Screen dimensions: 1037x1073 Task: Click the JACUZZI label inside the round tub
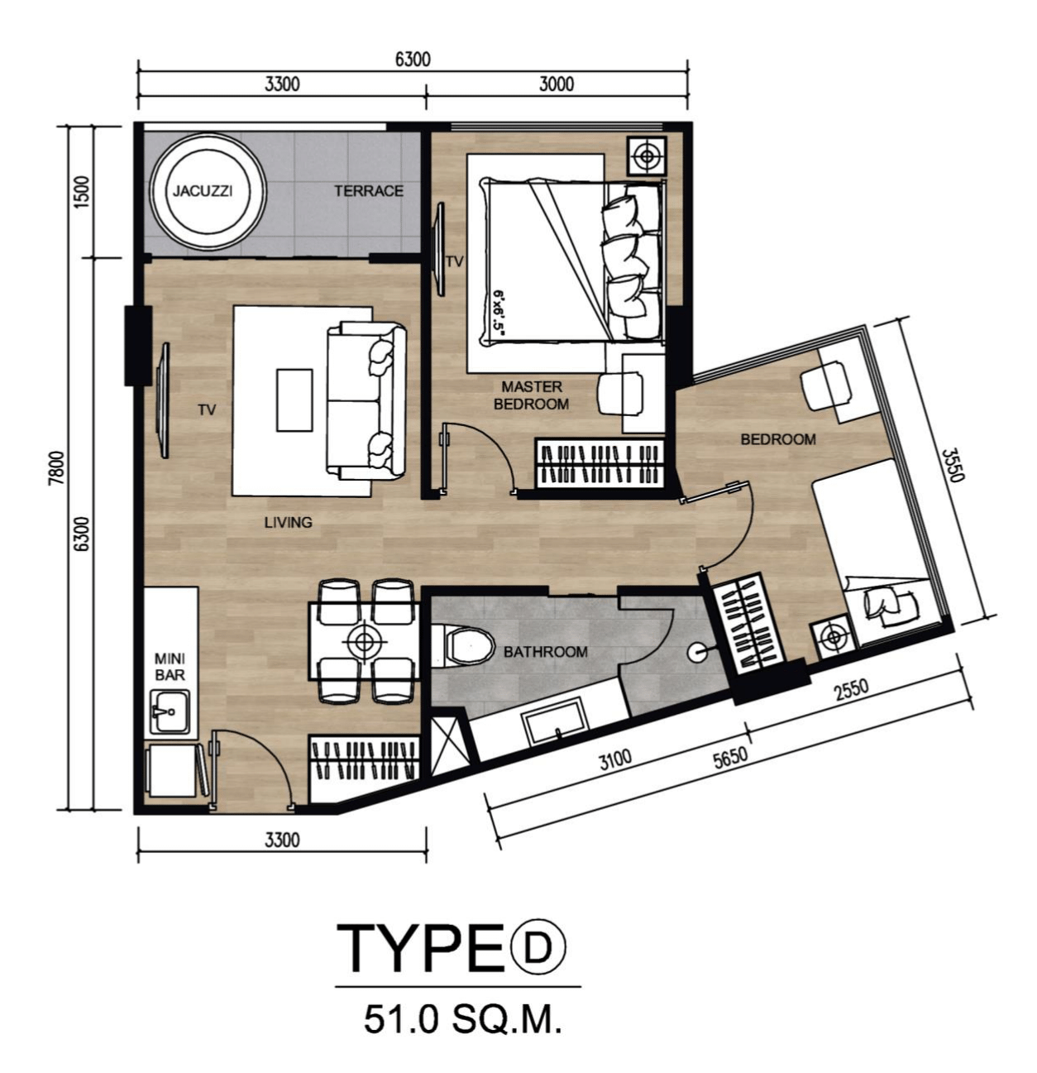click(x=203, y=191)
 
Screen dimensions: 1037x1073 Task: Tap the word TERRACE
click(x=368, y=191)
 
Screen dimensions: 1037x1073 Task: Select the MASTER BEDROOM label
click(x=531, y=395)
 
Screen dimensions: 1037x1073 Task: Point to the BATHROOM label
click(x=545, y=652)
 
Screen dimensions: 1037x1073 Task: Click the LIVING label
click(x=288, y=522)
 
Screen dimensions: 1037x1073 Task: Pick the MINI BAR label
click(x=170, y=667)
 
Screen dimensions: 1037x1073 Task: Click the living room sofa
click(x=366, y=401)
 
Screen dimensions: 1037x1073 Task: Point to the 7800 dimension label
click(x=56, y=468)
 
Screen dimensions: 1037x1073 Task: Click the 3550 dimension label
click(x=953, y=466)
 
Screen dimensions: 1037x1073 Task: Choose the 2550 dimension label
click(x=851, y=689)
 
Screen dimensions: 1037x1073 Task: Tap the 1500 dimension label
click(x=81, y=191)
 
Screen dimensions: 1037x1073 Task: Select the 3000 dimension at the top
click(x=557, y=84)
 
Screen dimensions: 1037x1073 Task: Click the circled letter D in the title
click(x=538, y=946)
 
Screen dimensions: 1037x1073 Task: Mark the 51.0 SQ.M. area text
click(x=462, y=1019)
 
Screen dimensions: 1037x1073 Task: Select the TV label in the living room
click(x=207, y=410)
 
